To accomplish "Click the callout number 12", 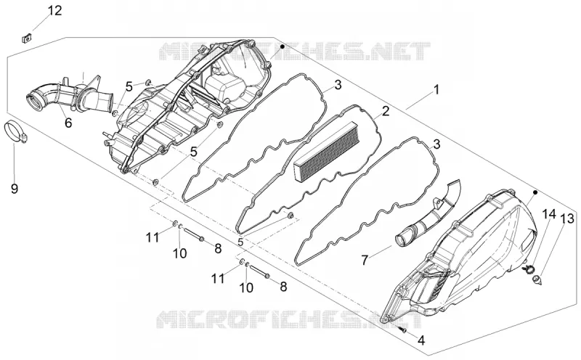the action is [x=55, y=10].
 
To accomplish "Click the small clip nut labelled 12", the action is [x=26, y=38].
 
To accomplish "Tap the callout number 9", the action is [x=14, y=189].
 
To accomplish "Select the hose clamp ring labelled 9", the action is [x=15, y=132].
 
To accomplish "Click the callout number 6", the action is [x=68, y=123].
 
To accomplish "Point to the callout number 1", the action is [x=436, y=89].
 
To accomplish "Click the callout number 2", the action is [x=386, y=111].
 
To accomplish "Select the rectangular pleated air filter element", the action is [x=325, y=152].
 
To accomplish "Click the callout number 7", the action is [x=365, y=261].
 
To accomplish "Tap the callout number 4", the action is [x=421, y=340].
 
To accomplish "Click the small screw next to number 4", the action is [x=403, y=329].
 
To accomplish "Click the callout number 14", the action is [x=550, y=213].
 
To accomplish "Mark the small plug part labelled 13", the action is [x=537, y=279].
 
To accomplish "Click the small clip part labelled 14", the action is [x=528, y=269].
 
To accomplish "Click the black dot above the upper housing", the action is [x=283, y=46].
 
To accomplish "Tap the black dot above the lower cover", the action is [x=535, y=192].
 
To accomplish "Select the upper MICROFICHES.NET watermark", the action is [x=295, y=52].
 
